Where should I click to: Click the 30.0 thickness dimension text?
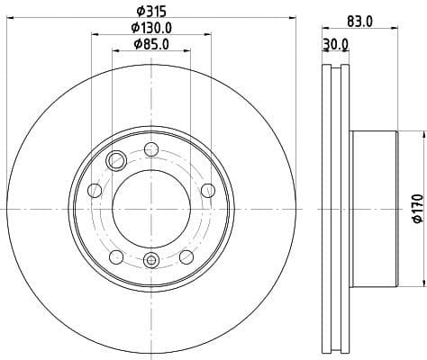(337, 44)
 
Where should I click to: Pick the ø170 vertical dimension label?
(417, 207)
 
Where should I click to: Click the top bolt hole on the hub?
(150, 148)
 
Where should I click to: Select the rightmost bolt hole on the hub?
(208, 189)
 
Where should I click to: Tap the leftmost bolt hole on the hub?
(94, 190)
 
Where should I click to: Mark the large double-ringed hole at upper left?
(115, 161)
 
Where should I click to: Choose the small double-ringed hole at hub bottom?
(150, 261)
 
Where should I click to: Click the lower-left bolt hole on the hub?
(115, 258)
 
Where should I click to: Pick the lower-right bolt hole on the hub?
(186, 258)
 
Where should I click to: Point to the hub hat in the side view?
(374, 208)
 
